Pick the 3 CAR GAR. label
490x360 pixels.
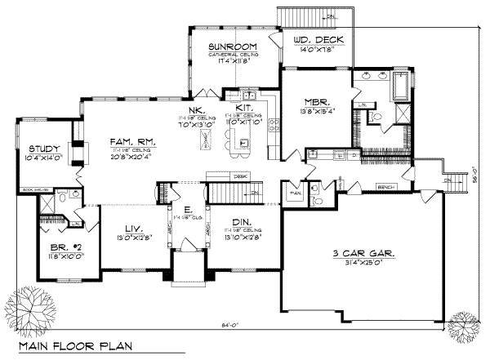click(363, 254)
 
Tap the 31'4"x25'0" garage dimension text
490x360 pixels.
click(363, 263)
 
